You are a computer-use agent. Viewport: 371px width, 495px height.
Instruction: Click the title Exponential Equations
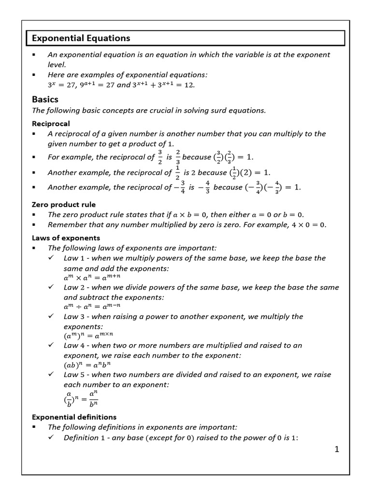[81, 38]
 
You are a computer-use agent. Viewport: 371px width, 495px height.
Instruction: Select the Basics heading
[45, 99]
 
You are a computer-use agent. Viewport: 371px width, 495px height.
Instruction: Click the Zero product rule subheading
[64, 204]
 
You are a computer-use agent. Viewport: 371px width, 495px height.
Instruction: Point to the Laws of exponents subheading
[66, 238]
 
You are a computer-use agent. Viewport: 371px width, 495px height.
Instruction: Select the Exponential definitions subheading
[74, 417]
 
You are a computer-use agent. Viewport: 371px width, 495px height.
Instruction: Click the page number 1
[337, 450]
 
